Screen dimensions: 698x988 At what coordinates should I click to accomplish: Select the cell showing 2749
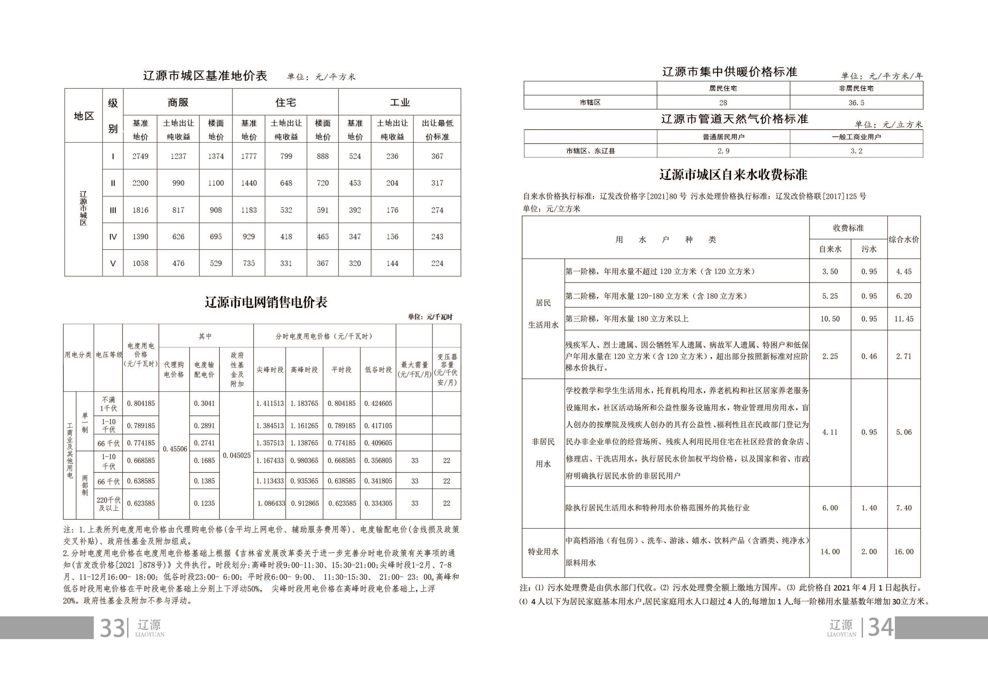pyautogui.click(x=140, y=156)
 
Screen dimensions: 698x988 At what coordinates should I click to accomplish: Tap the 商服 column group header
pyautogui.click(x=178, y=102)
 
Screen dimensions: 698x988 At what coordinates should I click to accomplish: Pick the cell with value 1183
pyautogui.click(x=249, y=210)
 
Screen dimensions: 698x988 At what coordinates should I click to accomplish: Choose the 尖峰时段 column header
pyautogui.click(x=270, y=369)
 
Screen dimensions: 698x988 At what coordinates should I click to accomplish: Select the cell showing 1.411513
pyautogui.click(x=270, y=403)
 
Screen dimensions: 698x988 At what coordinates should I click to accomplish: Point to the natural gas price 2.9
pyautogui.click(x=723, y=151)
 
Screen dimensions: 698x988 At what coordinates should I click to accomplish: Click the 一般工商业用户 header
pyautogui.click(x=856, y=137)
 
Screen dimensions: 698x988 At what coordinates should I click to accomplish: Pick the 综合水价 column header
pyautogui.click(x=904, y=239)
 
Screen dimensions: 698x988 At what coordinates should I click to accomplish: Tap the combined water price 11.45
pyautogui.click(x=904, y=319)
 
